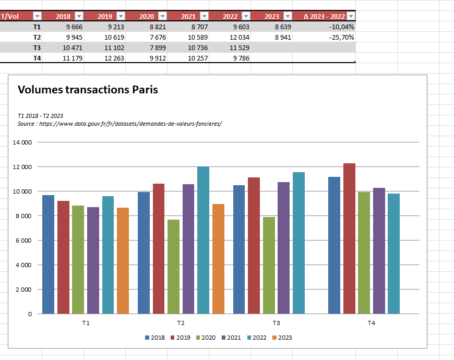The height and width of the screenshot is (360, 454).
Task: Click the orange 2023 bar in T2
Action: click(218, 259)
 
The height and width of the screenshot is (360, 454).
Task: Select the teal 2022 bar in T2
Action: click(204, 240)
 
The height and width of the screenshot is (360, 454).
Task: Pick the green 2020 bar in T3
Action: click(269, 266)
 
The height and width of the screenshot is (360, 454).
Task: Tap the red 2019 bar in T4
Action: click(349, 239)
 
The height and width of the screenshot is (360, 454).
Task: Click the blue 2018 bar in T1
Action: click(49, 255)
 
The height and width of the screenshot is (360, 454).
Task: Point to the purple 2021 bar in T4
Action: click(379, 251)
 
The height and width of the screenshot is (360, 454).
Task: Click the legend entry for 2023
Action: click(282, 338)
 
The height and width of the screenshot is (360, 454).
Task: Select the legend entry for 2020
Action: click(206, 338)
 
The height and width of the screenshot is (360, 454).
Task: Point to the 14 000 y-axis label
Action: click(22, 142)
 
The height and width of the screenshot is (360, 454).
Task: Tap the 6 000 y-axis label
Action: click(23, 241)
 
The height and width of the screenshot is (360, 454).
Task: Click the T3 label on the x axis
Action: click(276, 323)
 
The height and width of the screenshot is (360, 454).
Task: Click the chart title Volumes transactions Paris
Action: click(88, 90)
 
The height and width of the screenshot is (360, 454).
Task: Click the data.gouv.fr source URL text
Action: click(130, 124)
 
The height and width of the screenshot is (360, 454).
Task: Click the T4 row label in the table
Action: click(37, 58)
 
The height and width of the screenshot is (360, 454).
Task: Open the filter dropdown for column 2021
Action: click(205, 16)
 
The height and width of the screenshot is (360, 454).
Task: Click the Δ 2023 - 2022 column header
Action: click(324, 17)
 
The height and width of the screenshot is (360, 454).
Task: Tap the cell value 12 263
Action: click(114, 58)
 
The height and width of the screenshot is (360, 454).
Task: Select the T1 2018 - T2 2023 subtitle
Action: click(40, 116)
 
